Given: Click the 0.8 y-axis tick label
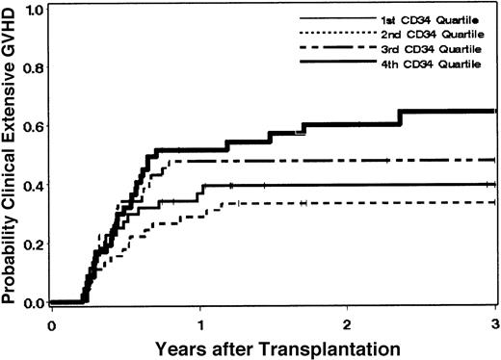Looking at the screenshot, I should [37, 68].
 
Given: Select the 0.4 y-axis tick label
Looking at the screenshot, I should [37, 185].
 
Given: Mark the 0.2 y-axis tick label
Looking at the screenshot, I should [37, 244].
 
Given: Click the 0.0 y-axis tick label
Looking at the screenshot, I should [37, 302].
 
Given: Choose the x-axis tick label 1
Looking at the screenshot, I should [199, 322].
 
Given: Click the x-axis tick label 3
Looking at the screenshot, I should [494, 322].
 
